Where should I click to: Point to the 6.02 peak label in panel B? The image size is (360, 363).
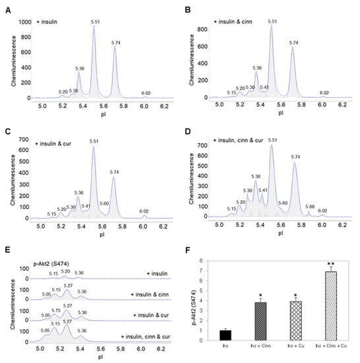(x=324, y=93)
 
